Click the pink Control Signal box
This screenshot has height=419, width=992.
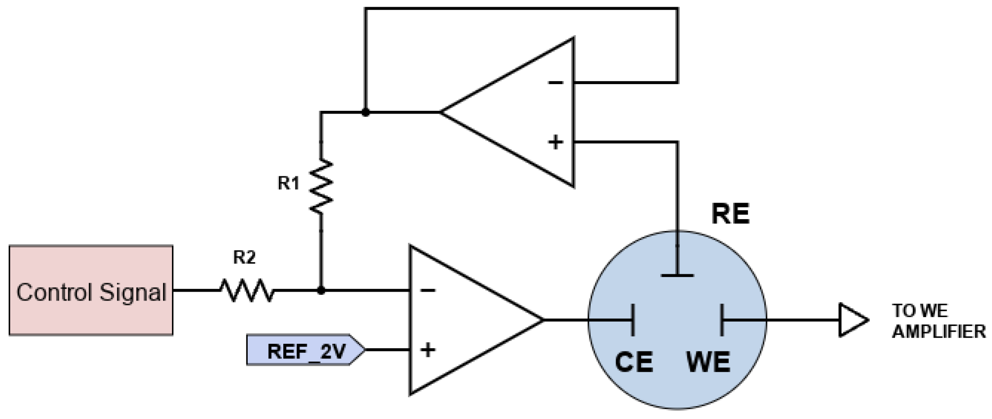click(x=91, y=290)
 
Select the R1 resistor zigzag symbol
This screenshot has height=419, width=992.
click(x=321, y=186)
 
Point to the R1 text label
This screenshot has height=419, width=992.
click(x=289, y=183)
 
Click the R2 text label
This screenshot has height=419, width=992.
click(x=245, y=257)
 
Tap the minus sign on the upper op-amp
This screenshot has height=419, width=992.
click(x=556, y=82)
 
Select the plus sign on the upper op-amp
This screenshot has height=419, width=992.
click(x=555, y=142)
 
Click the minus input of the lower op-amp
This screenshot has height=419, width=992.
click(x=428, y=291)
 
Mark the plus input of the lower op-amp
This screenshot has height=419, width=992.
click(x=428, y=350)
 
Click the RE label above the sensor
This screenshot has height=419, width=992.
click(x=731, y=214)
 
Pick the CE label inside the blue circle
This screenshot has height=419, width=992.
click(x=634, y=362)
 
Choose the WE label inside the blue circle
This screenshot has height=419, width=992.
click(x=708, y=362)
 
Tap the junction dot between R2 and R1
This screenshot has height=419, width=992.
click(x=321, y=291)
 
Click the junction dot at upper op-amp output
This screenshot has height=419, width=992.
click(x=365, y=113)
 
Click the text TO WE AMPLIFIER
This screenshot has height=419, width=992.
click(x=938, y=321)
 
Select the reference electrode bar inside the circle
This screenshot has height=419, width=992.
click(x=678, y=275)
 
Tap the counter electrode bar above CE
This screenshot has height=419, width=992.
click(x=633, y=320)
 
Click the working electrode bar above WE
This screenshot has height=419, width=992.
click(x=722, y=320)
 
